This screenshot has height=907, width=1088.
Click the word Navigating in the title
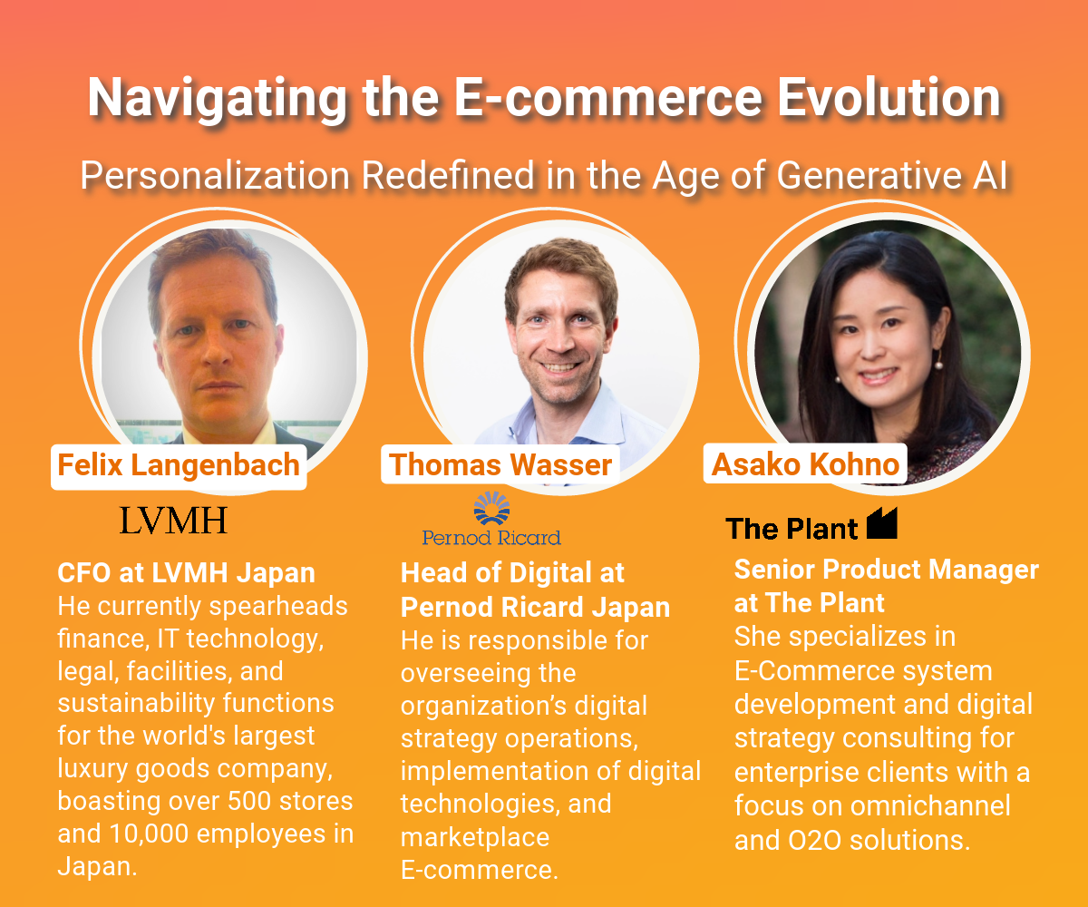pos(217,99)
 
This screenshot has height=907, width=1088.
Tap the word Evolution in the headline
pos(889,97)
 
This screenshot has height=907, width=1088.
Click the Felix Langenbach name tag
pos(179,465)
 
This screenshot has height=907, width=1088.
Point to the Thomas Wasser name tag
pos(500,463)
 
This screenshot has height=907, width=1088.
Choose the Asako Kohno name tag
pos(805,463)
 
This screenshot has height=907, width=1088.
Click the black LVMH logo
pos(173,521)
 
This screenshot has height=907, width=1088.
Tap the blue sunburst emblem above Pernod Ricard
pos(491,508)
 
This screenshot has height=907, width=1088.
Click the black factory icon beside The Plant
pos(881,522)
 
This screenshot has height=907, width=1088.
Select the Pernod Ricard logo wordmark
pos(491,538)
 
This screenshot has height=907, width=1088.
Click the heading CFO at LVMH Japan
pos(186,573)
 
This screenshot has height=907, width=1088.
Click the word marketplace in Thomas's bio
pos(475,836)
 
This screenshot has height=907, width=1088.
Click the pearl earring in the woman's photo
pos(939,366)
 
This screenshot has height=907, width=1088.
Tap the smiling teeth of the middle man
pos(559,367)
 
